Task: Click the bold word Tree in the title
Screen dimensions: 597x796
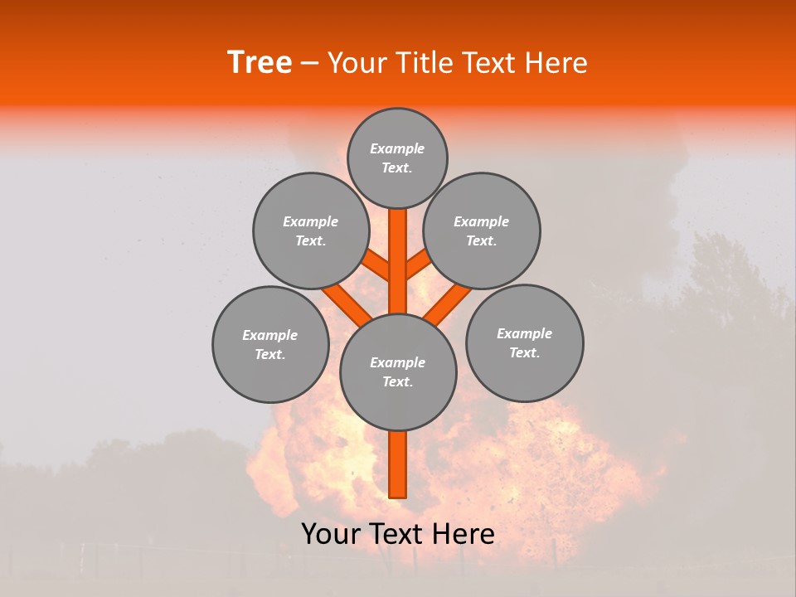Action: [x=260, y=63]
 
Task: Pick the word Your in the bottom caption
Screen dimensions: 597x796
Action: [x=332, y=534]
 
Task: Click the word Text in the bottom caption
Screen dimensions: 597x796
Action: [x=397, y=534]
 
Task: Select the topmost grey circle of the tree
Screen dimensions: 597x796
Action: [x=397, y=158]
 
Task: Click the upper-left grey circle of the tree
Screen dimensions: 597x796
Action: [x=310, y=231]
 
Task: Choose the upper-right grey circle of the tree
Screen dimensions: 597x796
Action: [x=482, y=231]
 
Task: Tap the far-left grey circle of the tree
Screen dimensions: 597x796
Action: [x=270, y=344]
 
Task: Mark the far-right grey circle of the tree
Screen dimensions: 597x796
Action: [x=525, y=342]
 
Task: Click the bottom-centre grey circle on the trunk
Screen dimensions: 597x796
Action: [x=398, y=372]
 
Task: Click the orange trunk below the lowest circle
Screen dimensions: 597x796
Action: [x=397, y=464]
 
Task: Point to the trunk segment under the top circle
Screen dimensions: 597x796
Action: [x=397, y=249]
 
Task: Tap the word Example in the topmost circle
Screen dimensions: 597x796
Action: [x=397, y=148]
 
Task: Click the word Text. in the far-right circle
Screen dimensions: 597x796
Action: [x=524, y=352]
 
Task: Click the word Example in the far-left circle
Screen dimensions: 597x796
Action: [x=269, y=335]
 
